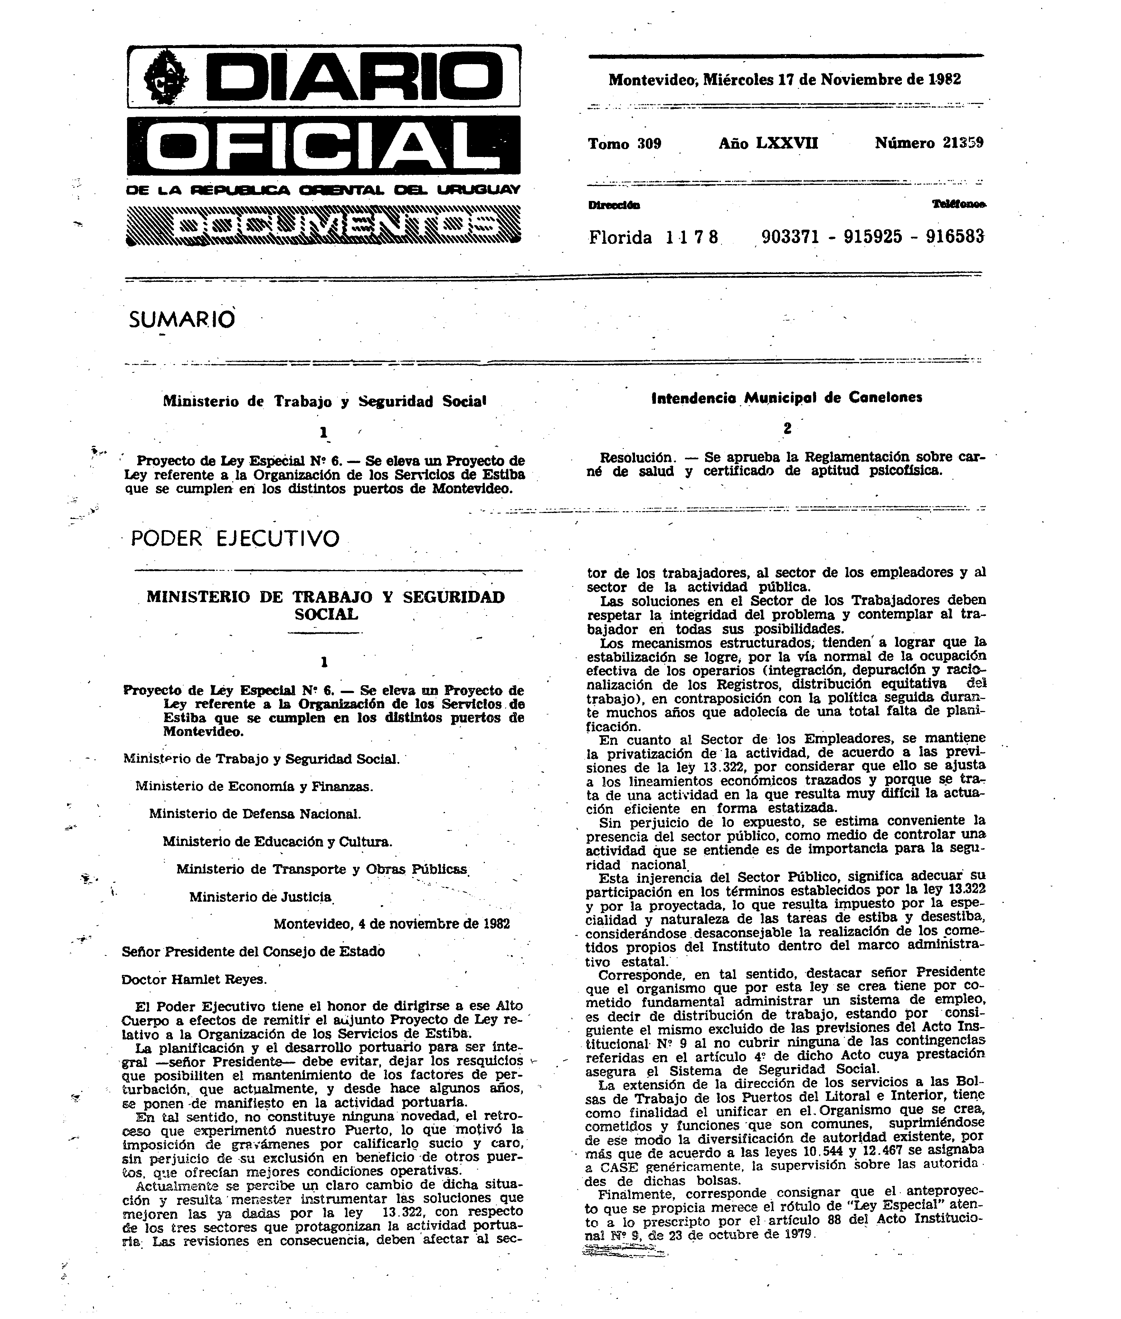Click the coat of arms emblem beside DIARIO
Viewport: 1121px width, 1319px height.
click(x=167, y=77)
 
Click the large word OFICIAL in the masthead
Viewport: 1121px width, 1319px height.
click(x=323, y=145)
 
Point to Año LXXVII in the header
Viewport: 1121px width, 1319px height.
click(x=768, y=144)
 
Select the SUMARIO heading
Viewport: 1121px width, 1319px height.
click(x=182, y=319)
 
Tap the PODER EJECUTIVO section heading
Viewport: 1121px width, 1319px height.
click(x=235, y=539)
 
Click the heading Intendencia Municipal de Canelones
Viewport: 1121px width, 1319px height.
click(x=787, y=398)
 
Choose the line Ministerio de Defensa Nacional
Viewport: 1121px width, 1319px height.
click(x=255, y=813)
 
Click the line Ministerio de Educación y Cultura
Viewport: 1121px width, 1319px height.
click(x=277, y=841)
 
